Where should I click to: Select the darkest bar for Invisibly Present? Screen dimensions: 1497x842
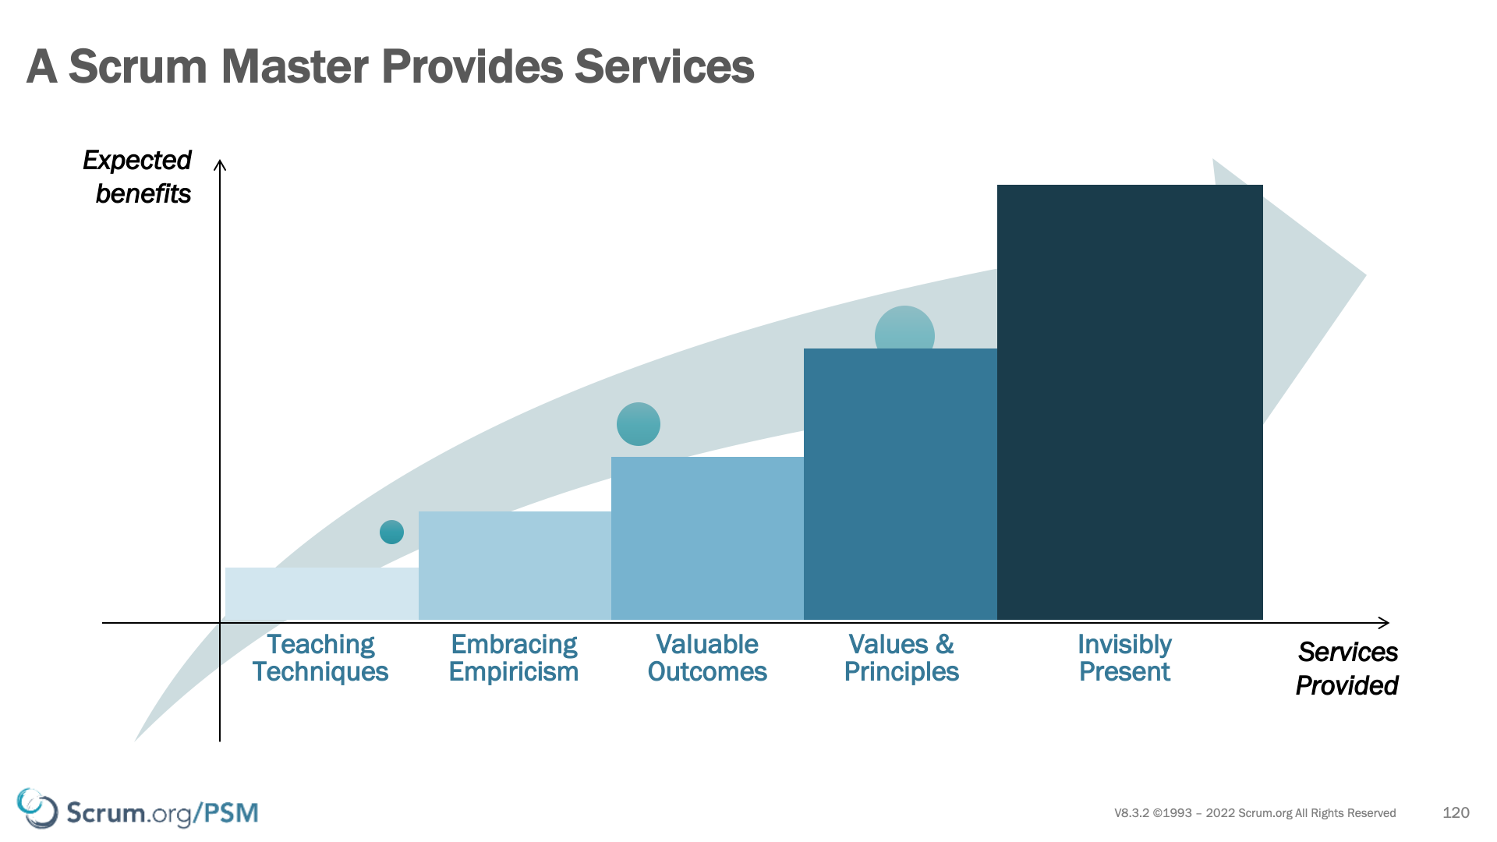1130,402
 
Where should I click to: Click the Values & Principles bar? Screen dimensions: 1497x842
901,484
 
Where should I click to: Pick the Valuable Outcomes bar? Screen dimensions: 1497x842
707,538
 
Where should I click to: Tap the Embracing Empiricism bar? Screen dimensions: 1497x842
515,565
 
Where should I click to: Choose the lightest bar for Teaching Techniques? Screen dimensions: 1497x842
322,593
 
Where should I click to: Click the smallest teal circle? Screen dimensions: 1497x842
391,532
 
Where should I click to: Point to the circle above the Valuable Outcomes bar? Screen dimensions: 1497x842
639,424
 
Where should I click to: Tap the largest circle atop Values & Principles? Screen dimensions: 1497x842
904,328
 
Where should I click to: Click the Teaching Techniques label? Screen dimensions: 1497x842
320,658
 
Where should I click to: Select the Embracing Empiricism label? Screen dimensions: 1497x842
514,658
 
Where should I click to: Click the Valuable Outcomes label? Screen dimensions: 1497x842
707,658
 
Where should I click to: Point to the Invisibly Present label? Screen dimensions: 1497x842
1124,658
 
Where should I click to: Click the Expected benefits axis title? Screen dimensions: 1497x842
138,177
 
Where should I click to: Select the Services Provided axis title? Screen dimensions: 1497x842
1347,669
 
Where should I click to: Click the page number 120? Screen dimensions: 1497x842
1456,812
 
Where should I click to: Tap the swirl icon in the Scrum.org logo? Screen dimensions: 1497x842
37,808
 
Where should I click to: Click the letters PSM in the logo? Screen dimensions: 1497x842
232,812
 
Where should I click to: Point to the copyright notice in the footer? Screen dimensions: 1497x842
1255,813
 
